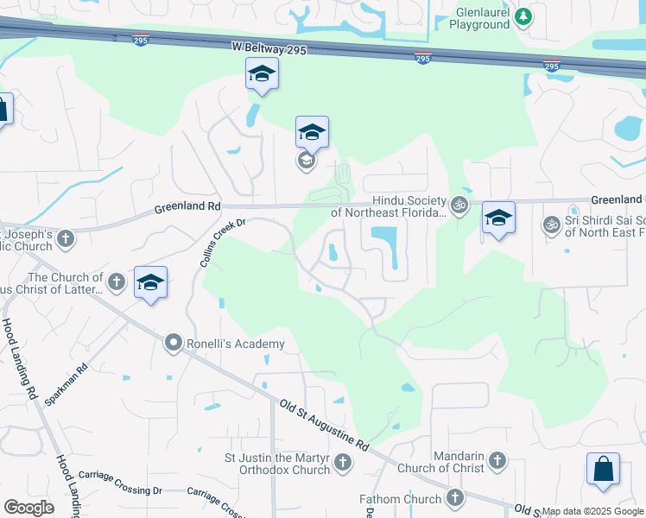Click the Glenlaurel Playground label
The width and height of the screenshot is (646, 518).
472,17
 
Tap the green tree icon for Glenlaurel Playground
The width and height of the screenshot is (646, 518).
523,16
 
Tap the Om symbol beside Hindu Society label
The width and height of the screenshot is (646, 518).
459,205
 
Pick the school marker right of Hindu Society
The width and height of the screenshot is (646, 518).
498,217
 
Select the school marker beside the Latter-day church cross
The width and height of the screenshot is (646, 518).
150,282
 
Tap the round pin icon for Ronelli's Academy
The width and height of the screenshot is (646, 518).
173,344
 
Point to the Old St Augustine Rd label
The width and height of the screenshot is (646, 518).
325,424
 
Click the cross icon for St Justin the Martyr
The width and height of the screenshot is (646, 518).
343,464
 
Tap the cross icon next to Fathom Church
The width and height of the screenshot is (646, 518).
455,498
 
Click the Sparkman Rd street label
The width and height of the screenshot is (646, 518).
67,384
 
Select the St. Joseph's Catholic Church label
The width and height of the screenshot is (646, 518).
39,240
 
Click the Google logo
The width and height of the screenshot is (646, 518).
28,507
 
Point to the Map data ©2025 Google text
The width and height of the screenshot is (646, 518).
593,512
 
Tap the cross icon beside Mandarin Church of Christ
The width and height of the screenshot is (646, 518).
497,461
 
